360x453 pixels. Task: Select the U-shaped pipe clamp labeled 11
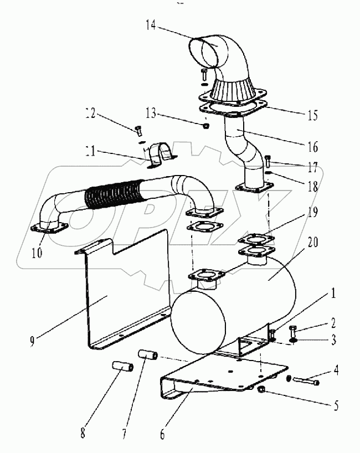(159, 154)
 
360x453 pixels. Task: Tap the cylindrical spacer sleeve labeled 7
(149, 355)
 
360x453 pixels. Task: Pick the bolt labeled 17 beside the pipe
(268, 162)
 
